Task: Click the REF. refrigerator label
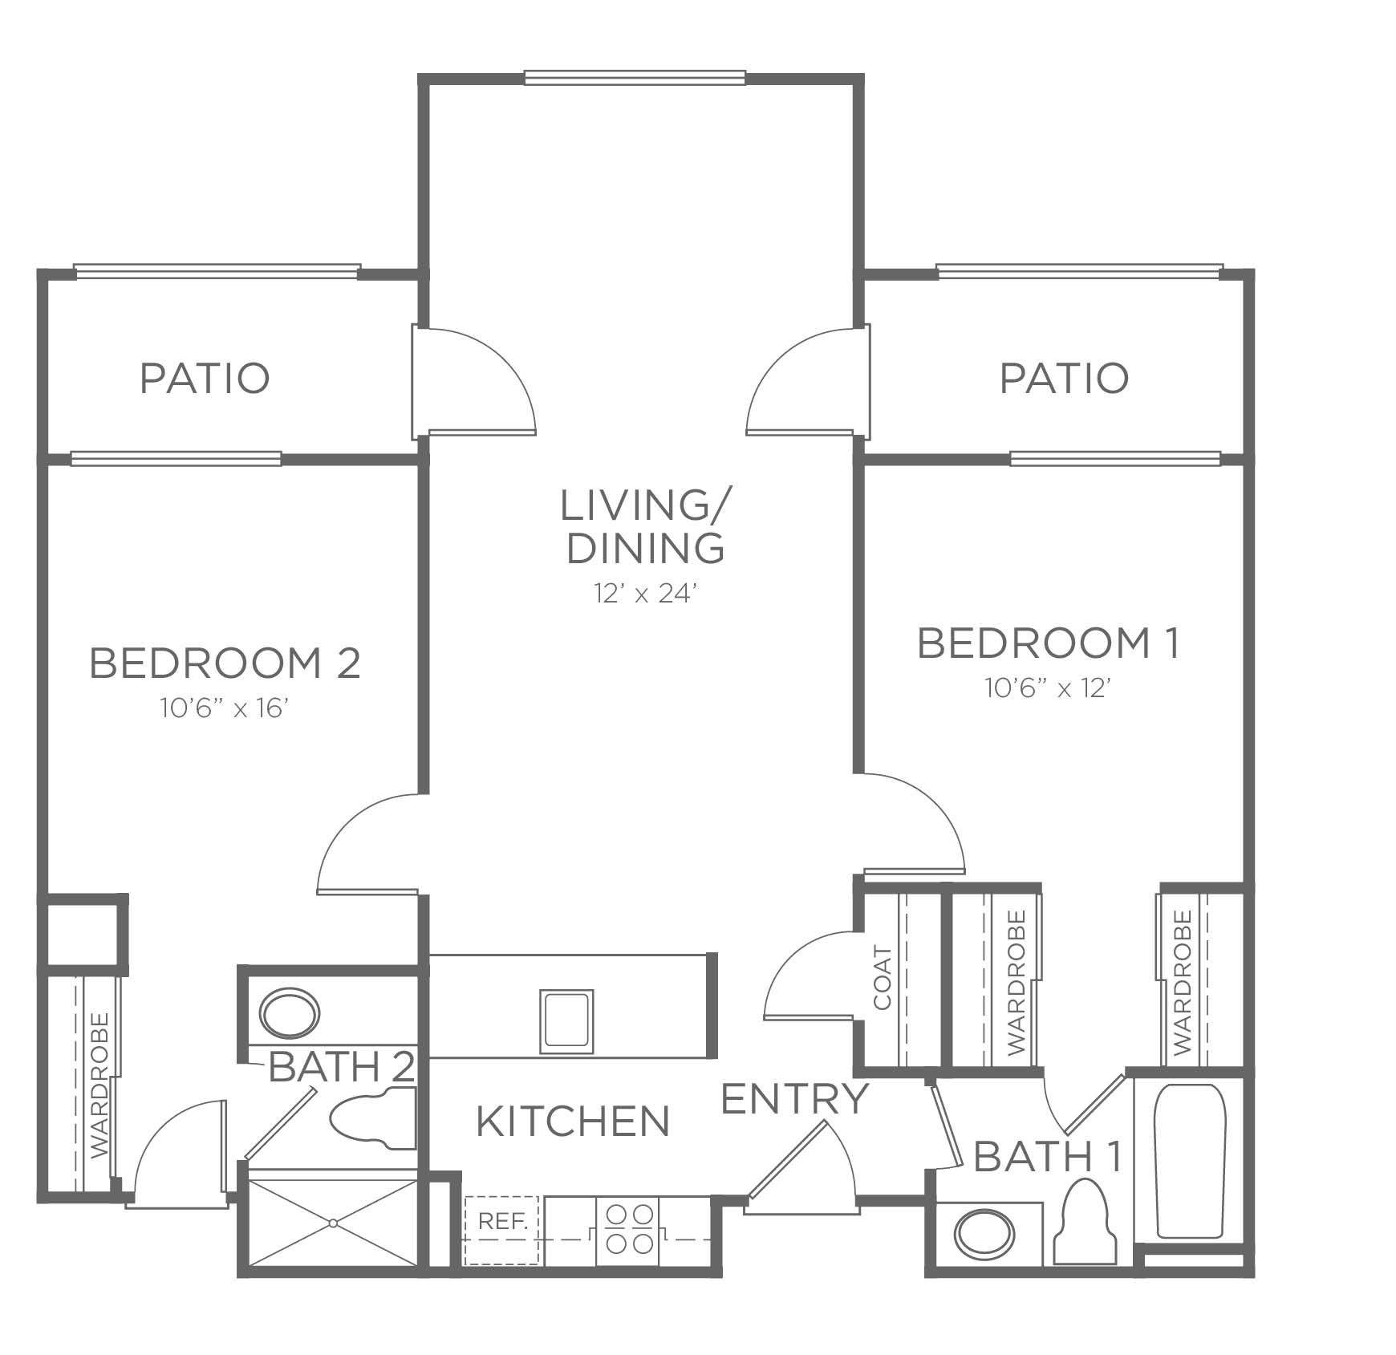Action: click(x=503, y=1221)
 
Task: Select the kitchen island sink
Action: click(x=567, y=1021)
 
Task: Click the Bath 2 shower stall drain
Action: click(x=332, y=1223)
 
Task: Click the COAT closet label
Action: click(x=883, y=979)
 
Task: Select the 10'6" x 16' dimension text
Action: click(x=224, y=708)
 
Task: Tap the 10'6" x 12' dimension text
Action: click(x=1048, y=688)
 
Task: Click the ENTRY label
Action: click(x=795, y=1099)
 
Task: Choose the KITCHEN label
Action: click(x=573, y=1122)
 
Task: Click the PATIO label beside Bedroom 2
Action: click(x=205, y=378)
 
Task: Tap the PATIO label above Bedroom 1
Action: click(x=1064, y=378)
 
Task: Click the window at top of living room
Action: click(x=635, y=78)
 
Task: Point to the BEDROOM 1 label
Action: click(x=1049, y=643)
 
